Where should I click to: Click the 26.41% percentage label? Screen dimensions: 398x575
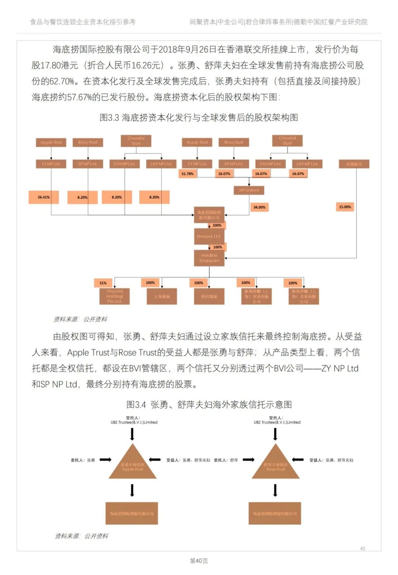[x=43, y=197]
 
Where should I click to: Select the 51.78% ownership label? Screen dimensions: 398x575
[x=188, y=174]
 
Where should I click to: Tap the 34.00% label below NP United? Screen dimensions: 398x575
[x=259, y=207]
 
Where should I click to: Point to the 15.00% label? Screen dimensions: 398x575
[x=345, y=207]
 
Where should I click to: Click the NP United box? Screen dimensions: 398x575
[x=249, y=190]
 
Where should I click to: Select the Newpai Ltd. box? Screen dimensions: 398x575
[x=209, y=236]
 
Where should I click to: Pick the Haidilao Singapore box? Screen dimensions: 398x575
[x=209, y=258]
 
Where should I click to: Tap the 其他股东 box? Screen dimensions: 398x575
[x=354, y=164]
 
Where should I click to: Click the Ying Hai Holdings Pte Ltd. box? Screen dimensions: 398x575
[x=115, y=296]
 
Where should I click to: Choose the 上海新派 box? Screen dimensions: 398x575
[x=162, y=296]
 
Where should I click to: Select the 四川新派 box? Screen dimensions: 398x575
[x=209, y=296]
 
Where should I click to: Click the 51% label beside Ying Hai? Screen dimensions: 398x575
[x=103, y=283]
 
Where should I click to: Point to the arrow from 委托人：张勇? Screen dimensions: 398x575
[x=105, y=460]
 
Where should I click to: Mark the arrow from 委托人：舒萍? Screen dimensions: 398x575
[x=248, y=460]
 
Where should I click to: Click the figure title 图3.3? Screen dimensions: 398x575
[x=199, y=118]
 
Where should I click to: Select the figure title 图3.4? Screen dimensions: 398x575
[x=209, y=404]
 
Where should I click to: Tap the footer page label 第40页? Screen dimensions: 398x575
[x=199, y=561]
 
